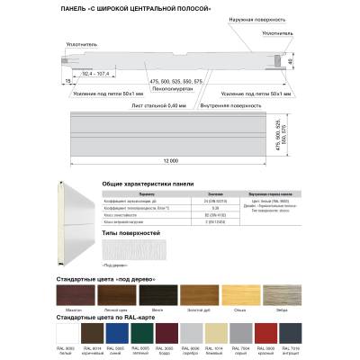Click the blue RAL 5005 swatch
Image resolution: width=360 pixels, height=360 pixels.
pyautogui.click(x=116, y=335)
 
